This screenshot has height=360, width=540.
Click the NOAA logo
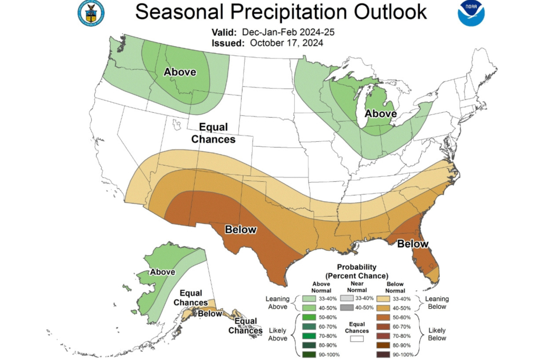pos(470,13)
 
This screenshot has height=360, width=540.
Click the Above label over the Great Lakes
pos(381,113)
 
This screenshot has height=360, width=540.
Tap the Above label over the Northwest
pos(180,72)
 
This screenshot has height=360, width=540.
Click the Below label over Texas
pos(240,229)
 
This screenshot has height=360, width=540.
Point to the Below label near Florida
pos(412,244)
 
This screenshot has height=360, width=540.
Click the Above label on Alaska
pos(163,272)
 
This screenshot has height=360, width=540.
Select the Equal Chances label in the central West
pos(213,133)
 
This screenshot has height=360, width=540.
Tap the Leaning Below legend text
pos(437,303)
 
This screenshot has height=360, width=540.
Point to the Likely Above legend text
pos(277,334)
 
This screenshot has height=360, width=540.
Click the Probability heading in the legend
pos(356,267)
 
